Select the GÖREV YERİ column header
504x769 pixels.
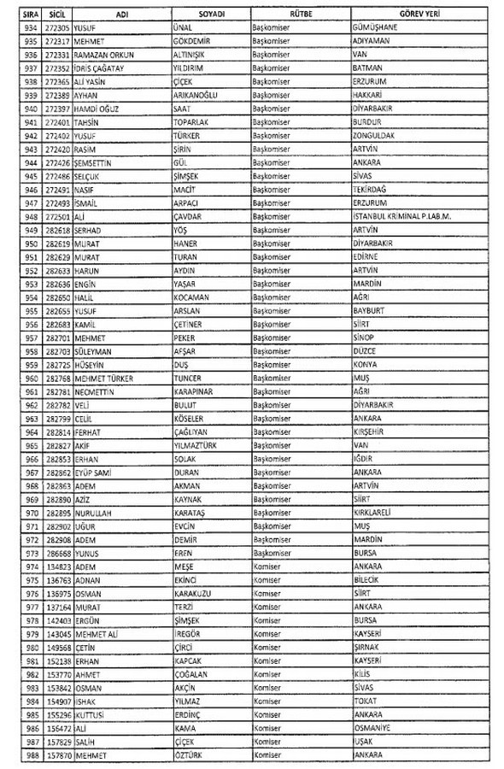click(419, 14)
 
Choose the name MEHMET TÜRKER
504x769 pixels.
click(103, 375)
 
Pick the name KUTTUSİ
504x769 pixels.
click(89, 714)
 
